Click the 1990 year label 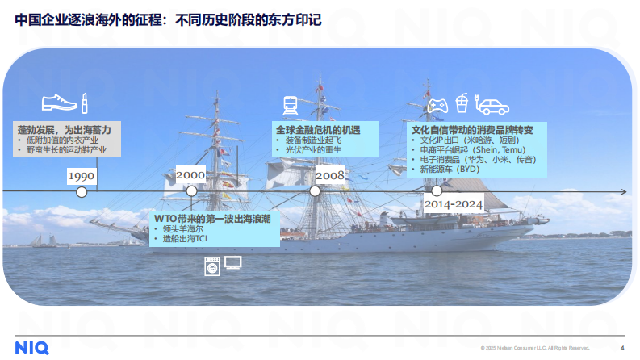click(x=82, y=176)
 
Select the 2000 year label click(x=190, y=175)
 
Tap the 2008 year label click(x=330, y=175)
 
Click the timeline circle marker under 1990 click(x=82, y=191)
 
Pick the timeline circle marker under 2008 click(x=316, y=191)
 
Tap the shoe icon click(x=59, y=103)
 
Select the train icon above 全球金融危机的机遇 click(x=291, y=105)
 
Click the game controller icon click(x=437, y=105)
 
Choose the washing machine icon click(x=212, y=265)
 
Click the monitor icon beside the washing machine click(x=232, y=262)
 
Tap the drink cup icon click(x=462, y=103)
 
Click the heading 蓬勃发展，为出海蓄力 click(x=65, y=129)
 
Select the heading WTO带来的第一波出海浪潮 click(x=213, y=217)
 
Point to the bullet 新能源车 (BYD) click(x=450, y=170)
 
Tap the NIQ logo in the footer click(x=31, y=347)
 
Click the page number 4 click(x=621, y=348)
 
